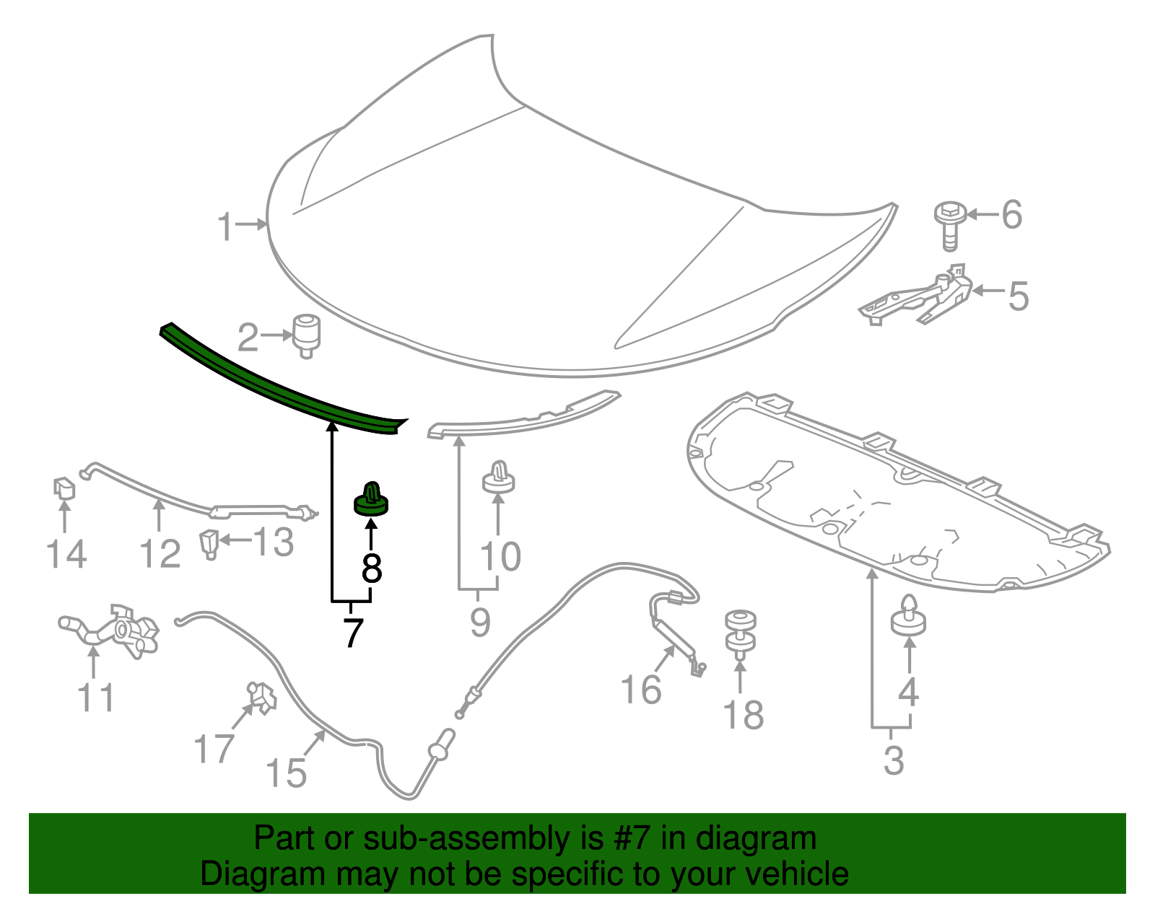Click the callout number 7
352,633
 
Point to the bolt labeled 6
949,224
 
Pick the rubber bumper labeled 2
306,335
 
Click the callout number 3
894,760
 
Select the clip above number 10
498,477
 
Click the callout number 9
480,621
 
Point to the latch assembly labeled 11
115,630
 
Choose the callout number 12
160,554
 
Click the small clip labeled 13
209,543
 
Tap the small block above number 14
64,488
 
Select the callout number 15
287,773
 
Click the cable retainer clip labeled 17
261,698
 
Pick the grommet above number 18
741,632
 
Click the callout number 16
641,689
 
